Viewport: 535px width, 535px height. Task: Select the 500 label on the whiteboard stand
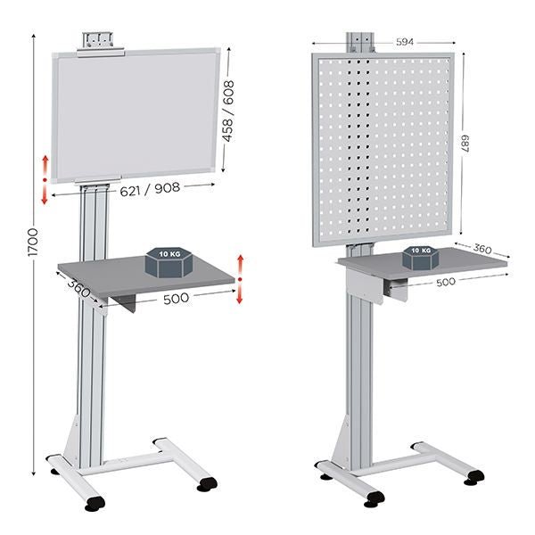pos(176,299)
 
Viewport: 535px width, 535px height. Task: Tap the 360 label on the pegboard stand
pos(481,249)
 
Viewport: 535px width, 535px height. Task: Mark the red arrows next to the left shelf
pos(240,277)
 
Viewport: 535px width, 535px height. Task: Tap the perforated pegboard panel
pos(383,147)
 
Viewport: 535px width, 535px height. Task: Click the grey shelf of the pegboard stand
pos(464,262)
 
